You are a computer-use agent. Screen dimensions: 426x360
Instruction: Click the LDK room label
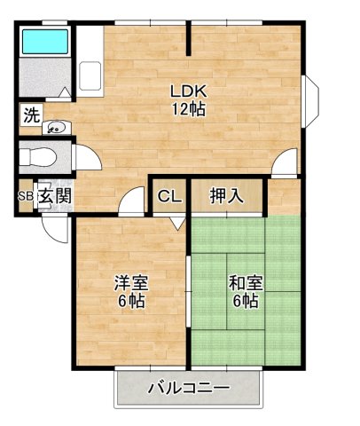pyautogui.click(x=188, y=91)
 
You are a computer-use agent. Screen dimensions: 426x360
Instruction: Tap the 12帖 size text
pyautogui.click(x=188, y=109)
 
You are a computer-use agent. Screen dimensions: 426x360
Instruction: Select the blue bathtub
pyautogui.click(x=44, y=42)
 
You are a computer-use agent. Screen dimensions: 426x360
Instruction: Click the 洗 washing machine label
pyautogui.click(x=30, y=114)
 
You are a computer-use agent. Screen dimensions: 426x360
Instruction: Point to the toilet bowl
pyautogui.click(x=39, y=157)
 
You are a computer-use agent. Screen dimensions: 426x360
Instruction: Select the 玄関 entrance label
pyautogui.click(x=53, y=197)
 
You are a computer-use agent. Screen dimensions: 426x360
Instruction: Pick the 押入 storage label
pyautogui.click(x=227, y=196)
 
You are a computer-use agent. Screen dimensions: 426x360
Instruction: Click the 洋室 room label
pyautogui.click(x=130, y=284)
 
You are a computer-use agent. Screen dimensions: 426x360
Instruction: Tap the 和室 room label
pyautogui.click(x=244, y=284)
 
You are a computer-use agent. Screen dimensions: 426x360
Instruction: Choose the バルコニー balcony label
pyautogui.click(x=188, y=388)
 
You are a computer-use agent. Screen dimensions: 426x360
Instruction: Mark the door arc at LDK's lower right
pyautogui.click(x=286, y=163)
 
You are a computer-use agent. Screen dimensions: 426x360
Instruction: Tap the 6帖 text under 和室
pyautogui.click(x=244, y=302)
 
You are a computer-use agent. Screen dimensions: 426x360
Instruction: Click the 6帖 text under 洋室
pyautogui.click(x=130, y=302)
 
